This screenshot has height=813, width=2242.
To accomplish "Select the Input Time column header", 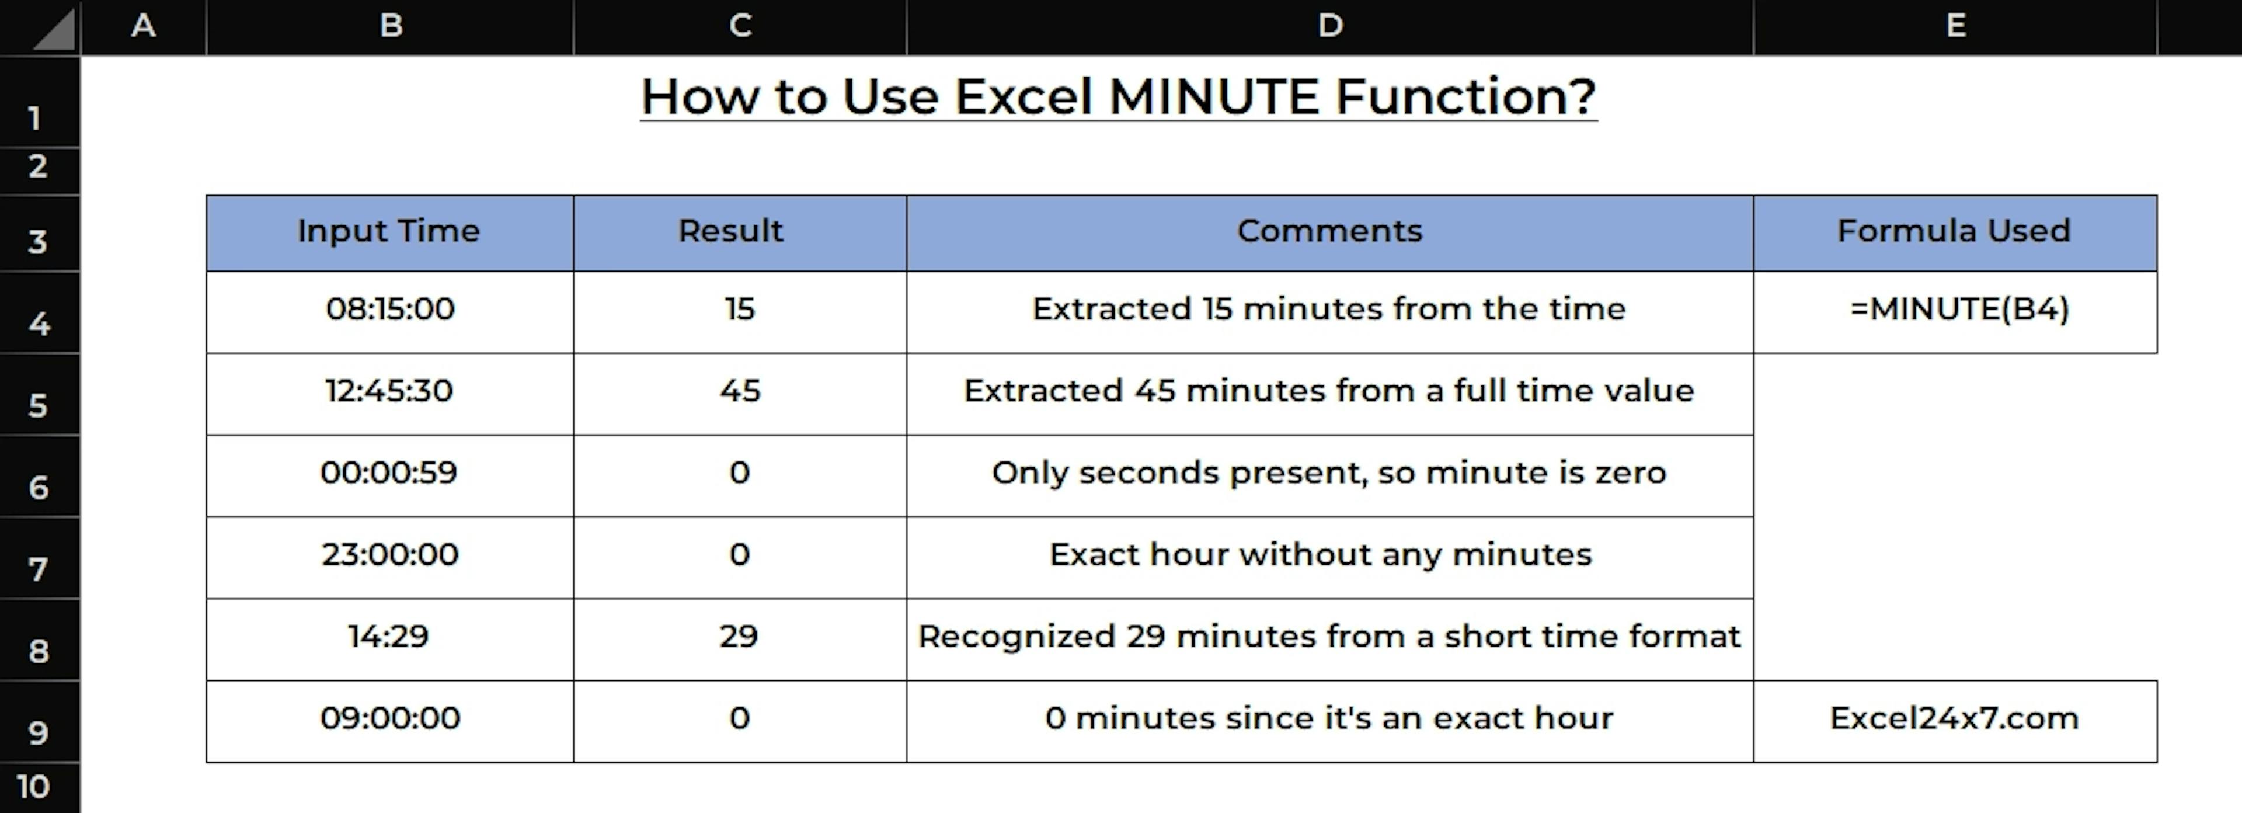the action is [390, 232].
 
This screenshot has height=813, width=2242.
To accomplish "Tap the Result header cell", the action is [740, 232].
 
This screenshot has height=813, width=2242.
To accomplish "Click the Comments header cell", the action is [1330, 232].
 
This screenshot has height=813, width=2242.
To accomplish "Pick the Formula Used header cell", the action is [1955, 232].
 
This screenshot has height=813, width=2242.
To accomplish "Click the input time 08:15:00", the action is [390, 309].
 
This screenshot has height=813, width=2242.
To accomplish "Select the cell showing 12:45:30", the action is [390, 391].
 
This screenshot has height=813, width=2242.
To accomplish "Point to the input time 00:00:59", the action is [389, 472].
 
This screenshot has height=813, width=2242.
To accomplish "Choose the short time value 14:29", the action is [388, 636].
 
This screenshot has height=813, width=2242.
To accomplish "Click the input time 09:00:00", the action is [390, 718].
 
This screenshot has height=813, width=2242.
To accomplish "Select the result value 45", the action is [740, 391].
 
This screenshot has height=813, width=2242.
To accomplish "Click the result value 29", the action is [739, 636].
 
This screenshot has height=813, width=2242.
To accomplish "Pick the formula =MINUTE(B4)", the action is [1959, 309].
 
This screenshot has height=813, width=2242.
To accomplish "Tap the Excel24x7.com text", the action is [1954, 718].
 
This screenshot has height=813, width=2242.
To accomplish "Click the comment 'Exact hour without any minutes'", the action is [1320, 554].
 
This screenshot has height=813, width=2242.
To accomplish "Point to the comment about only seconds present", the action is [1329, 472].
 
